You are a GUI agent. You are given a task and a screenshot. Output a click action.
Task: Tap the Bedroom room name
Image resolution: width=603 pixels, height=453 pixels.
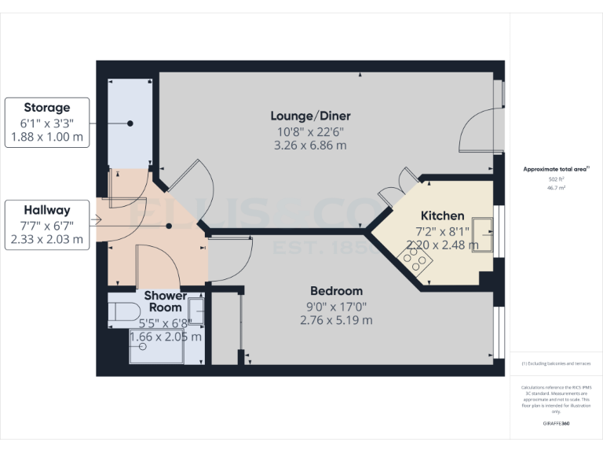[336, 290]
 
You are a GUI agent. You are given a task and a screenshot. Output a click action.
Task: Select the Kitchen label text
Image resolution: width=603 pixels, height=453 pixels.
[442, 215]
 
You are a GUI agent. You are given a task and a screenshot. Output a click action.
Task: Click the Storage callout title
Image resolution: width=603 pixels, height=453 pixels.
[46, 108]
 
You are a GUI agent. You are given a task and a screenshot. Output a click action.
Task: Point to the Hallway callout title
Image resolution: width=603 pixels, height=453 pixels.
[46, 210]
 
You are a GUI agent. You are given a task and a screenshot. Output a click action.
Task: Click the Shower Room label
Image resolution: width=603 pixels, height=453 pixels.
[166, 301]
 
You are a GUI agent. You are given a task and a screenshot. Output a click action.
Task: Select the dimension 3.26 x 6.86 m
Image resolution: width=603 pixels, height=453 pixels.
[309, 145]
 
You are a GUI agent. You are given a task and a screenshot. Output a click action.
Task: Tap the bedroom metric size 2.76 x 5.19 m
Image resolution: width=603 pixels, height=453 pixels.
[336, 320]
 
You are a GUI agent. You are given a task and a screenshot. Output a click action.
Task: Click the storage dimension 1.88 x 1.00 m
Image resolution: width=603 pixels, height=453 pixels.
[46, 138]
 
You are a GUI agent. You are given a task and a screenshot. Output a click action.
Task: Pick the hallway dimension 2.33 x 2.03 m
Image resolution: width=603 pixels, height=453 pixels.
[46, 240]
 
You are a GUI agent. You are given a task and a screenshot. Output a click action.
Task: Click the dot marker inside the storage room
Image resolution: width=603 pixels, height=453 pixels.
[130, 123]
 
